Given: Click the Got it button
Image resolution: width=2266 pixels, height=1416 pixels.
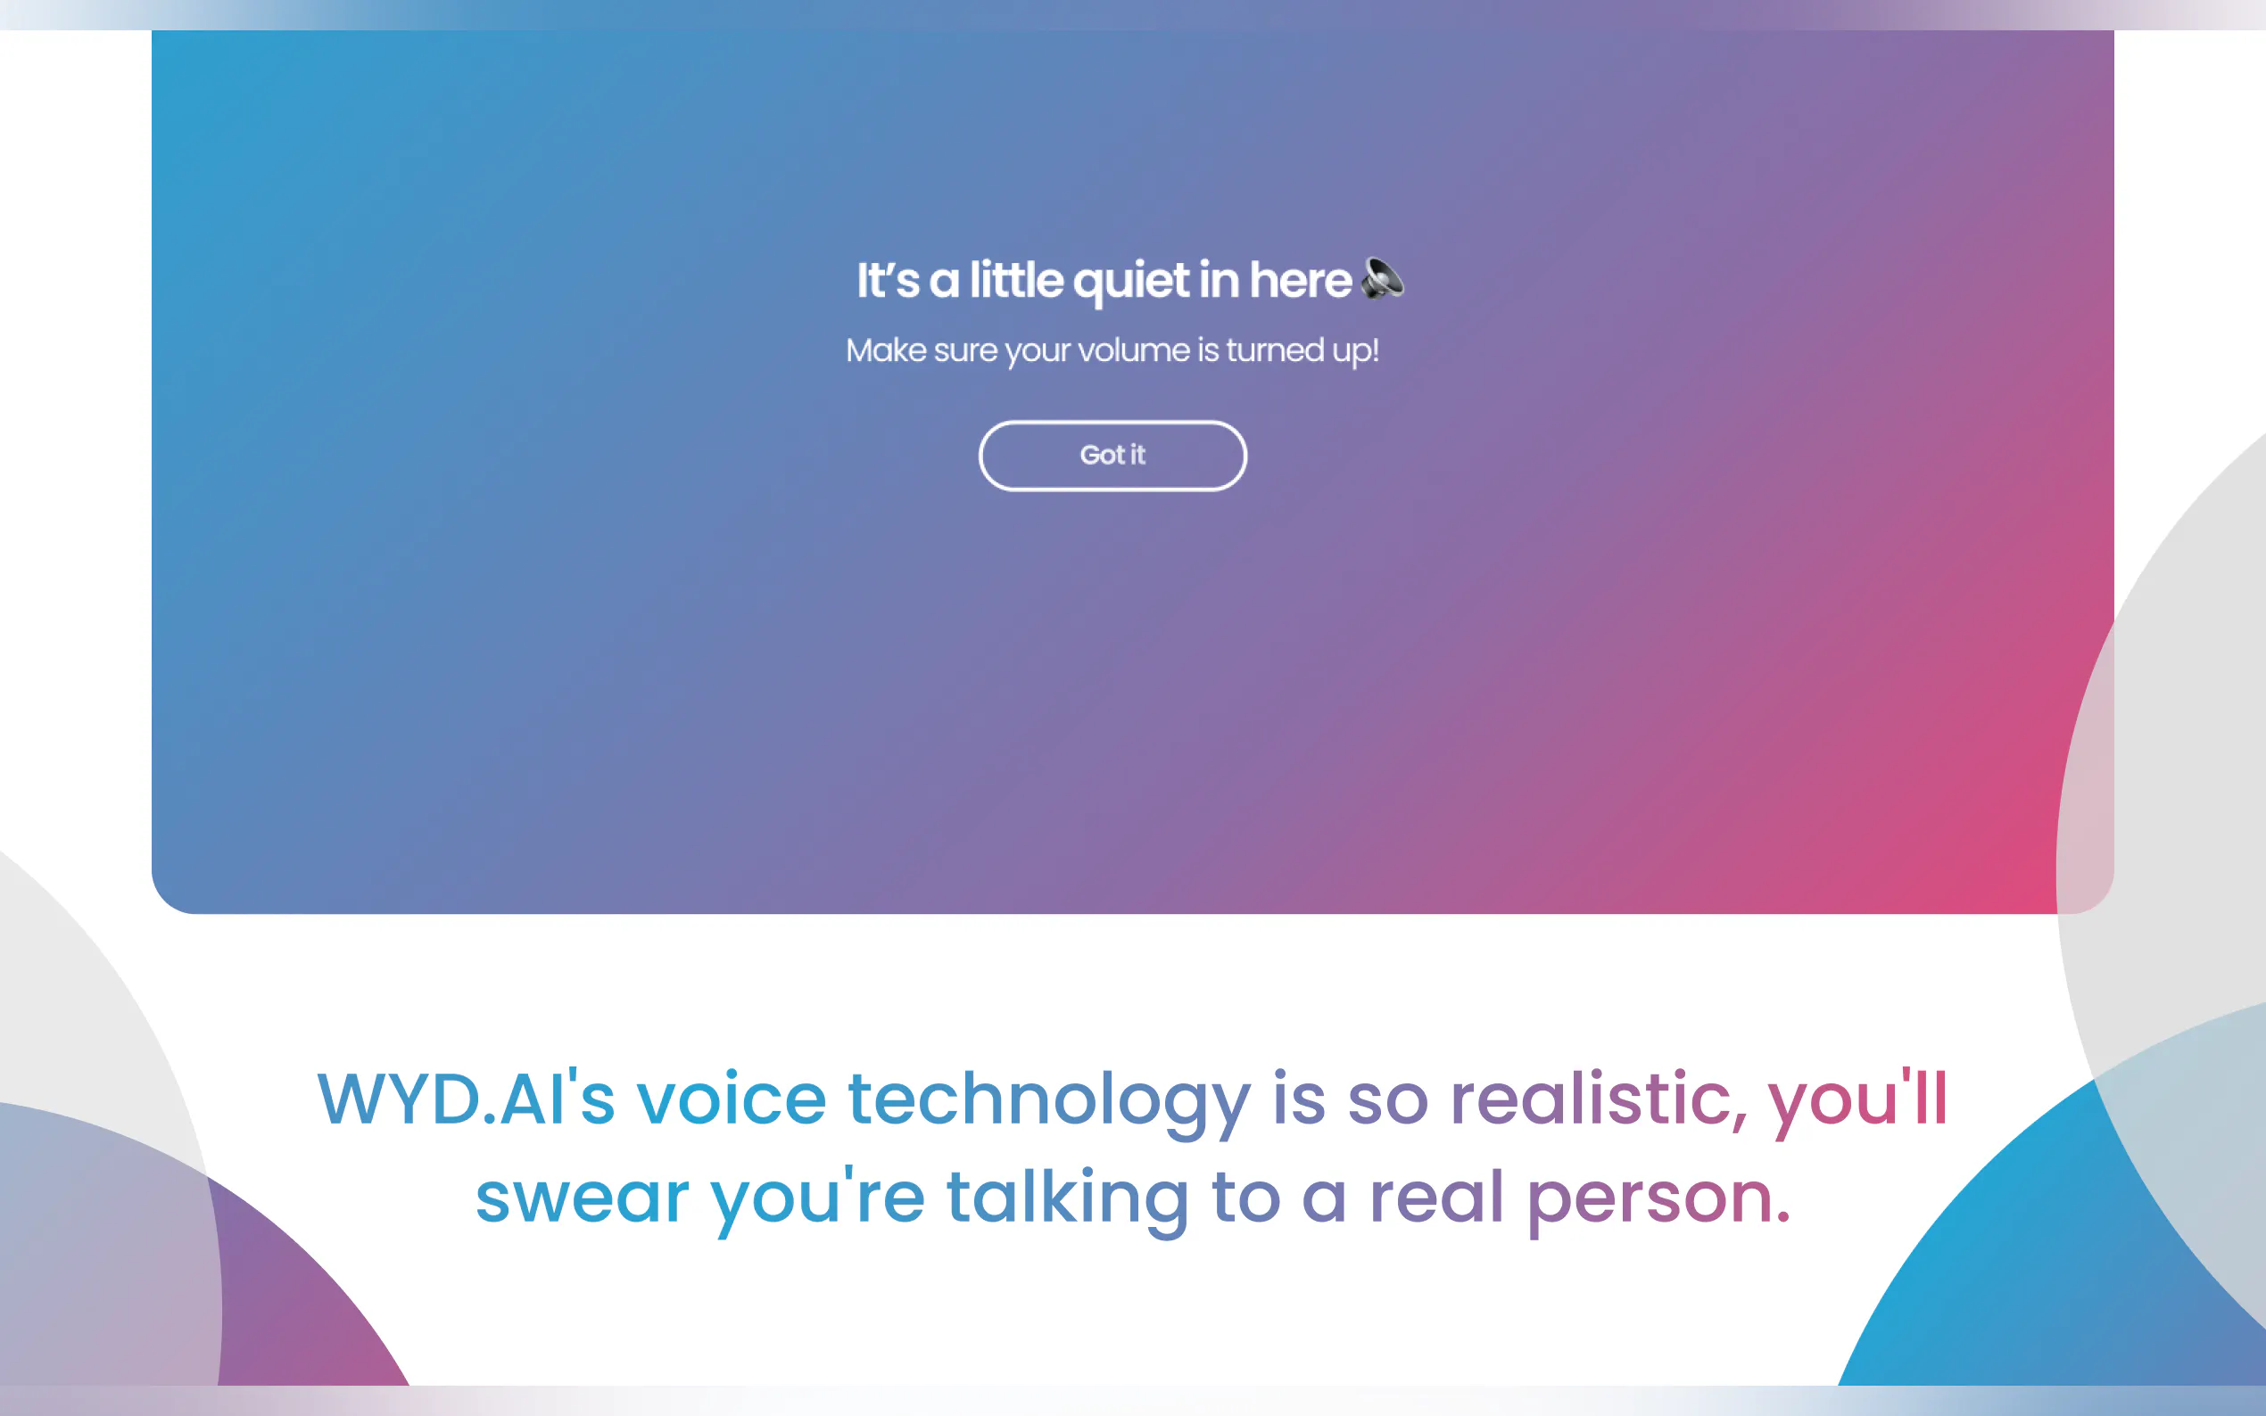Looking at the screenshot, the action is [x=1112, y=455].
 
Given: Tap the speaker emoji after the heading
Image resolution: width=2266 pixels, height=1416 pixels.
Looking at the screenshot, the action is [x=1383, y=278].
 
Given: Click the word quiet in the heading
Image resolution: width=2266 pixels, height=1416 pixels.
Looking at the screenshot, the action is [x=1130, y=281].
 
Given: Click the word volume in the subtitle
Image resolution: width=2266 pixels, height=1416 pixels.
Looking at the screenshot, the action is [x=1134, y=350].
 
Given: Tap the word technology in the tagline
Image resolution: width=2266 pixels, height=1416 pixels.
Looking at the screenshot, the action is [x=1049, y=1103].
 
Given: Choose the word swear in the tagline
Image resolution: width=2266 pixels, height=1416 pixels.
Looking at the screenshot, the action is [x=583, y=1198].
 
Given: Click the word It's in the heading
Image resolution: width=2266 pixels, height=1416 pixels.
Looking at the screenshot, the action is [x=888, y=279].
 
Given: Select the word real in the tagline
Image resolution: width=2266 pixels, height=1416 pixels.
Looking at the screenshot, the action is [x=1437, y=1196].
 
